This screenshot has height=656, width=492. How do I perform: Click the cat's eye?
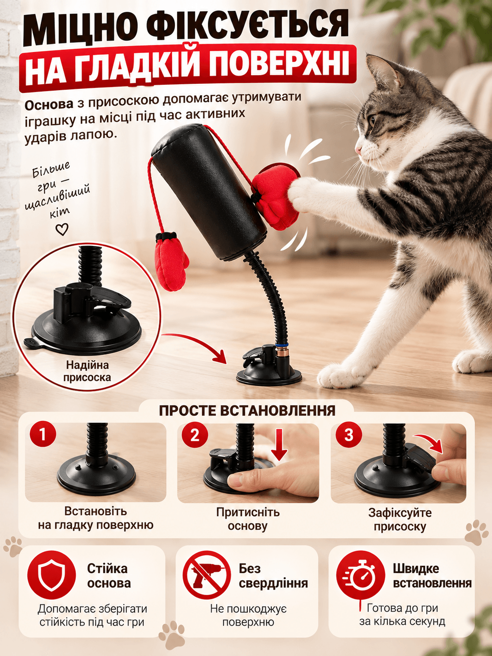point(372,121)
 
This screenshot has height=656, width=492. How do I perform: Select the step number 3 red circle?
point(348,435)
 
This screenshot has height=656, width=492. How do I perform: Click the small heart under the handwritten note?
point(62,229)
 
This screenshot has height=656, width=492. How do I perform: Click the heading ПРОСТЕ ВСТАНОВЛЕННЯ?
point(247,411)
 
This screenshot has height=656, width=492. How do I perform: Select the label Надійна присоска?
point(87,371)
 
